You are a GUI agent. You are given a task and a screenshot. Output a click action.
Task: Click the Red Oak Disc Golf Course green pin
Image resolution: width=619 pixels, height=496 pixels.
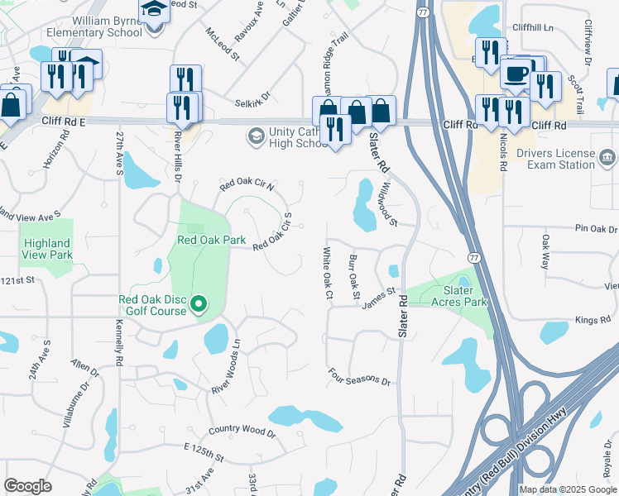pos(199,305)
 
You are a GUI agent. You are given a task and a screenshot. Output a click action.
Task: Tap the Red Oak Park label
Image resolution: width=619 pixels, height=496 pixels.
pos(212,241)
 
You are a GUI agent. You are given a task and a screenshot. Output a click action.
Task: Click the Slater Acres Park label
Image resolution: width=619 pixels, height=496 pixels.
pos(459,296)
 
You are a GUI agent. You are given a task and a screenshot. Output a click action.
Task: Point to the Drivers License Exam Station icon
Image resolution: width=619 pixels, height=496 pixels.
pos(607,157)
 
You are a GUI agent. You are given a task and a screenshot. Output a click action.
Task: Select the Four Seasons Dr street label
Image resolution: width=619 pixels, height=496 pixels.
pos(358,378)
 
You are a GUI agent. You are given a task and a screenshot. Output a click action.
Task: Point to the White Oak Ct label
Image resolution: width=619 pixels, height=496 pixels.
pos(328,273)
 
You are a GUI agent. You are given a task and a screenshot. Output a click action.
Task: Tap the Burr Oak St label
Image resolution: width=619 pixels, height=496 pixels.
pos(354,277)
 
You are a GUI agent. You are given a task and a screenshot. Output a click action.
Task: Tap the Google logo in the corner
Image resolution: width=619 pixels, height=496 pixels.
pos(27,486)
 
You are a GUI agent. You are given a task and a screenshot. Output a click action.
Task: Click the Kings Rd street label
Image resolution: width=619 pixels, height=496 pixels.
pos(592,320)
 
